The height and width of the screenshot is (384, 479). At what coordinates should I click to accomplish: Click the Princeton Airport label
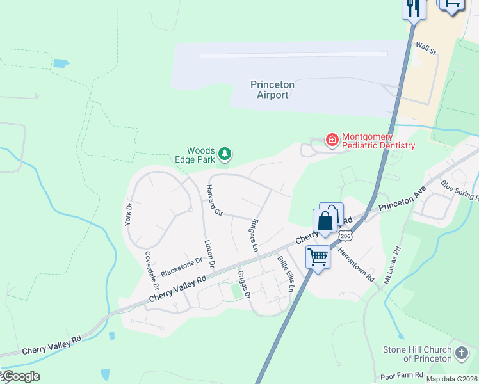coord(272,90)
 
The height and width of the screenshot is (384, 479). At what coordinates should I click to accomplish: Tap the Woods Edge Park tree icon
coord(225,154)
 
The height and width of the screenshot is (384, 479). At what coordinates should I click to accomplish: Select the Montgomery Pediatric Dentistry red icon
coord(332,139)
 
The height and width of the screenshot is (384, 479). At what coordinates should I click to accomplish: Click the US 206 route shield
coord(346,236)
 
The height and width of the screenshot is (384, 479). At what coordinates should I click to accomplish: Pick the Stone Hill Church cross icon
coord(461,353)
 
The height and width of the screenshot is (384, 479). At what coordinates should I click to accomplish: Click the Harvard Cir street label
coord(213,200)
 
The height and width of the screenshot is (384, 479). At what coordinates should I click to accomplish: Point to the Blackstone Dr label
coord(181,265)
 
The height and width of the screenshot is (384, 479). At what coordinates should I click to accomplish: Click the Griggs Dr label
coord(243,284)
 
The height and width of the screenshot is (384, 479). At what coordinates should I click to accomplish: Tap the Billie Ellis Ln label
coord(285,274)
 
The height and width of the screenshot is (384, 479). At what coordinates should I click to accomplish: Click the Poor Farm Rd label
coord(402,374)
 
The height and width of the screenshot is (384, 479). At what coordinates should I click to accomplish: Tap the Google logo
coord(20,376)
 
